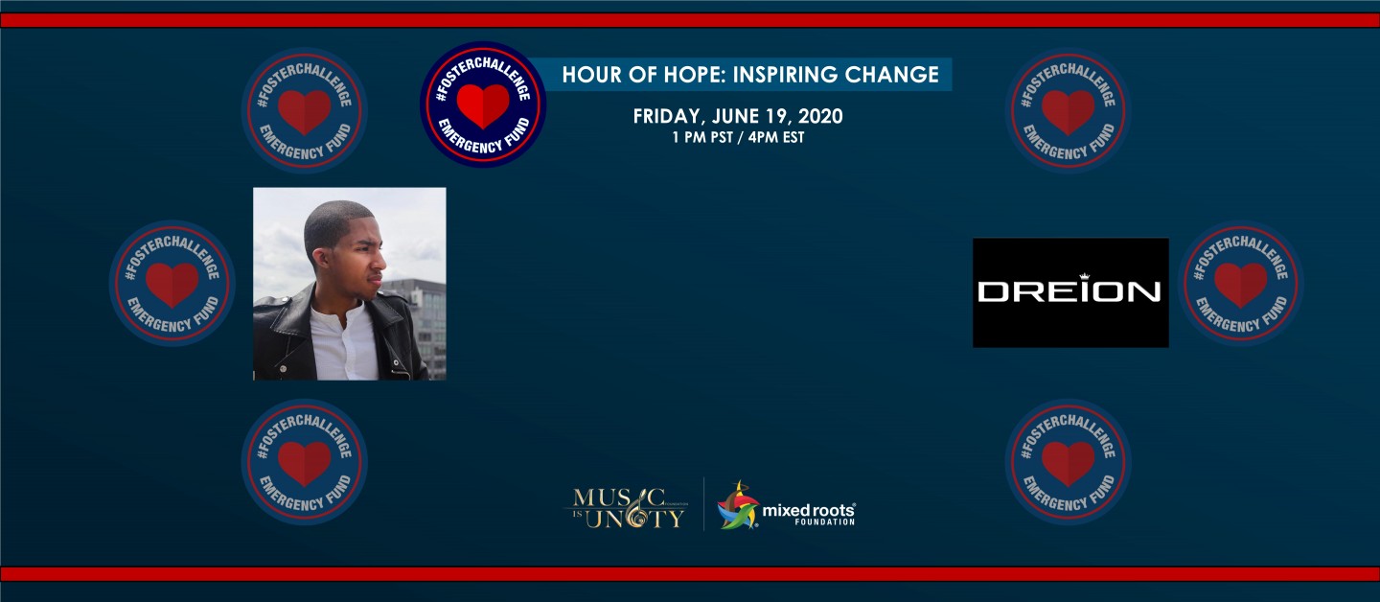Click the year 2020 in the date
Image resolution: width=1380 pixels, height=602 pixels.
point(820,116)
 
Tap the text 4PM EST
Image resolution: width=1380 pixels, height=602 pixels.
point(776,137)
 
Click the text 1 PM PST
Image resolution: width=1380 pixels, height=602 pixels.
point(702,137)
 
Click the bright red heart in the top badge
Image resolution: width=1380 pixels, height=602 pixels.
point(483,105)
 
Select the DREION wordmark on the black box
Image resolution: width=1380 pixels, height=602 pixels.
point(1069,290)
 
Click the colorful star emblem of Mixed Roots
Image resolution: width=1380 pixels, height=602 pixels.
point(738,506)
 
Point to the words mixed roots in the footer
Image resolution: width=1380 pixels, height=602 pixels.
point(808,510)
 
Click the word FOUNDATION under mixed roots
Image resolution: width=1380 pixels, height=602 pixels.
point(824,522)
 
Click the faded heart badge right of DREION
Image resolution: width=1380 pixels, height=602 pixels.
point(1241,284)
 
